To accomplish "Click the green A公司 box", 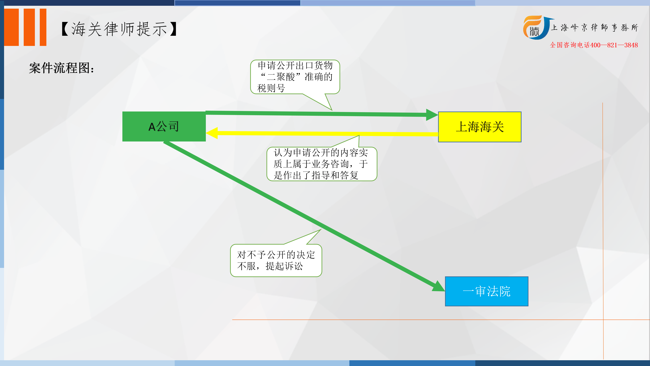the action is (x=164, y=126).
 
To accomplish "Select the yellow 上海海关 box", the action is (x=480, y=127).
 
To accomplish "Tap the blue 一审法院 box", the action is (x=486, y=291).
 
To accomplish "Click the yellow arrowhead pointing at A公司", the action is (x=212, y=133).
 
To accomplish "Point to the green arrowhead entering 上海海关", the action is (x=432, y=115).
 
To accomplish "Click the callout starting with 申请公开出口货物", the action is (x=295, y=77).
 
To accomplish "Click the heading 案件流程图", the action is (x=62, y=68).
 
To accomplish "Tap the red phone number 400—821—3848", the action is (x=614, y=45).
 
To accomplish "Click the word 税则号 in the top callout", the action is (x=271, y=88).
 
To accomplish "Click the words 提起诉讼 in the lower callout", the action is (x=284, y=266).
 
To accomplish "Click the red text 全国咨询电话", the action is (x=570, y=45).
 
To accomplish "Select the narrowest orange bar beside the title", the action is (x=43, y=27).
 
